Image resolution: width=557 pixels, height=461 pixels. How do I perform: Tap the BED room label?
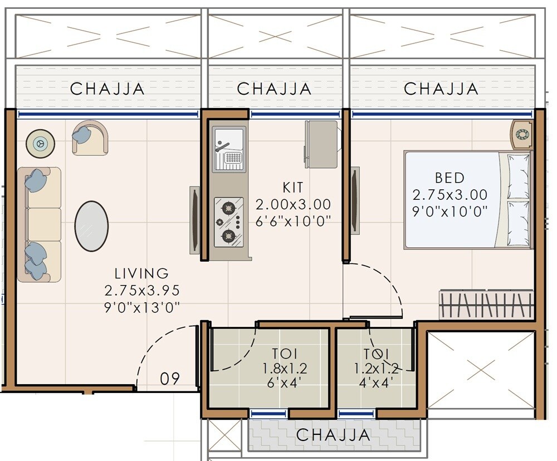pos(449,178)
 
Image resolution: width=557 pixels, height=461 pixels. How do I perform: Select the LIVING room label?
pos(141,273)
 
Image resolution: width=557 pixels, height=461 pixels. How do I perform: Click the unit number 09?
pos(170,379)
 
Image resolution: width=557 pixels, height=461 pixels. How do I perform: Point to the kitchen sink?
pos(228,149)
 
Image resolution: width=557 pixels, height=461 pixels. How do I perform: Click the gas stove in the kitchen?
pos(229,222)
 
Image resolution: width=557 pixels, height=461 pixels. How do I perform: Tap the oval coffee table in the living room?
pos(91,226)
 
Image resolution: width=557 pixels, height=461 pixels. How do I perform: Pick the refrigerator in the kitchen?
pos(321,144)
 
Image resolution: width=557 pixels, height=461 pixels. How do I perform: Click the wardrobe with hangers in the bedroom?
pos(486,305)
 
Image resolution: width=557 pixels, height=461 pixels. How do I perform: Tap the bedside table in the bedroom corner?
pos(522,134)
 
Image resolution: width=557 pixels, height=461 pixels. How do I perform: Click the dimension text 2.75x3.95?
pos(141,291)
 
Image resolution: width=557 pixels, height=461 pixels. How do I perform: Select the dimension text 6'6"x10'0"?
pos(293,221)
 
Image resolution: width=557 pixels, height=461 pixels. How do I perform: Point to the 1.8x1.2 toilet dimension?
pos(285,368)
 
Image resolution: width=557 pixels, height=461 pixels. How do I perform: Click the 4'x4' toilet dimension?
pos(376,382)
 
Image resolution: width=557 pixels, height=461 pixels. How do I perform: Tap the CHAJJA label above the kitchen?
pos(274,89)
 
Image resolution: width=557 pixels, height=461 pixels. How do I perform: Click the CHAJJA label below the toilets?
pos(333,435)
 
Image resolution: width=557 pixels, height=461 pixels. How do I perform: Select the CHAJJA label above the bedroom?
pos(441,89)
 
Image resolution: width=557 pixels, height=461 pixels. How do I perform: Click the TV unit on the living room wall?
pos(194,220)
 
